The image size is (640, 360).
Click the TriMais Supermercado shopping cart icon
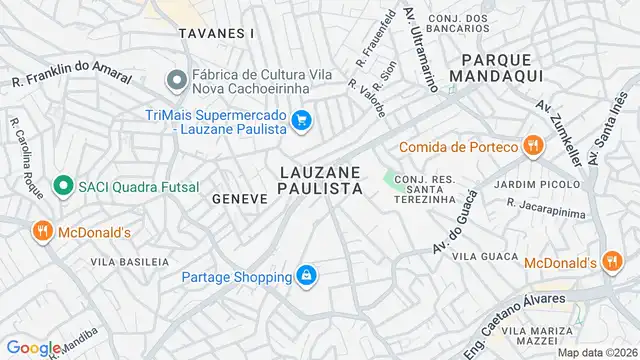[301, 123]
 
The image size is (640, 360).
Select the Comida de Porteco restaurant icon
[533, 147]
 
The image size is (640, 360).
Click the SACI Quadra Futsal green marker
[62, 186]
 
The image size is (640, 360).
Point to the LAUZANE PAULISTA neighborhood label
[320, 179]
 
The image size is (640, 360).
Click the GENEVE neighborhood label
[240, 199]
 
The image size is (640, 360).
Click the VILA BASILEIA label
[129, 261]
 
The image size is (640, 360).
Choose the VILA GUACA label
[476, 257]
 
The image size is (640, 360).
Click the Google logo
[32, 348]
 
